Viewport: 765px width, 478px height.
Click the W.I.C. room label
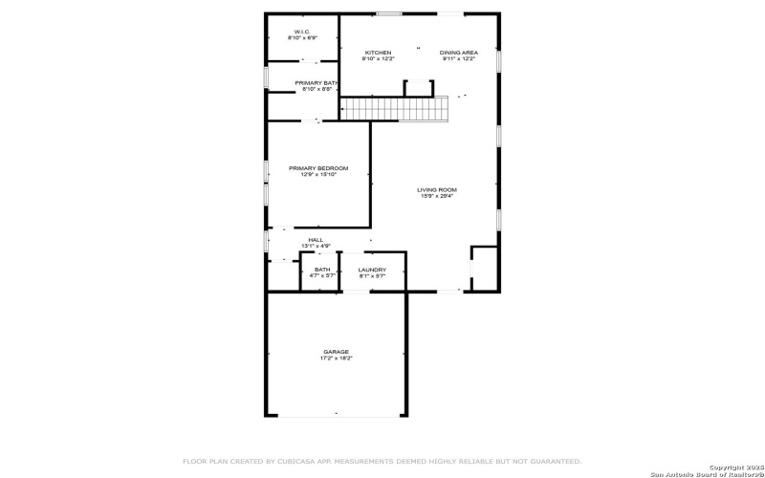point(302,32)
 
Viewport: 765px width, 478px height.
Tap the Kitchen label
point(378,52)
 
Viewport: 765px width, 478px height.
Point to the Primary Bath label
point(317,83)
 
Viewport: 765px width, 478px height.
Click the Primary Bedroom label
point(317,168)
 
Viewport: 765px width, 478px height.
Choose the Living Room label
point(436,189)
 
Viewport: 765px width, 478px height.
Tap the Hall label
point(316,240)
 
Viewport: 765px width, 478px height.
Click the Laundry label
point(372,270)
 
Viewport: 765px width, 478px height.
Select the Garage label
point(336,352)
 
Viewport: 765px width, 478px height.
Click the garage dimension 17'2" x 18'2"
point(336,358)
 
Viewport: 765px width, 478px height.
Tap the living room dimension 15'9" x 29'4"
point(436,196)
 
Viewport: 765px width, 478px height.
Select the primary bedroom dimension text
point(317,175)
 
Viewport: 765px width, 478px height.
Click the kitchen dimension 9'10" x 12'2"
point(378,58)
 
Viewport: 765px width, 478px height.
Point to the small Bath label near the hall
point(322,270)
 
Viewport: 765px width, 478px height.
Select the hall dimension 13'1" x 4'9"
point(316,247)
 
